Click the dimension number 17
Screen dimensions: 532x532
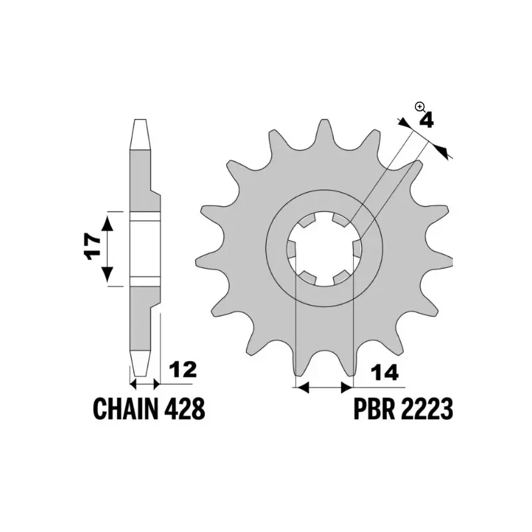click(93, 246)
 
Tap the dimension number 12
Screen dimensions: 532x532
click(183, 370)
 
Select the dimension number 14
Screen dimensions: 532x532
click(384, 372)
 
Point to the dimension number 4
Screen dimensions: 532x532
click(426, 121)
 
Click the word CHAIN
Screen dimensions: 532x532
click(126, 409)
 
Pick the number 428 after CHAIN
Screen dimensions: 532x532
click(185, 409)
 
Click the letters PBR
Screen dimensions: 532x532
click(374, 409)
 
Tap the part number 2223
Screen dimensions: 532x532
click(427, 409)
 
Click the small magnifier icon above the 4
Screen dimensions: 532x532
click(420, 108)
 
